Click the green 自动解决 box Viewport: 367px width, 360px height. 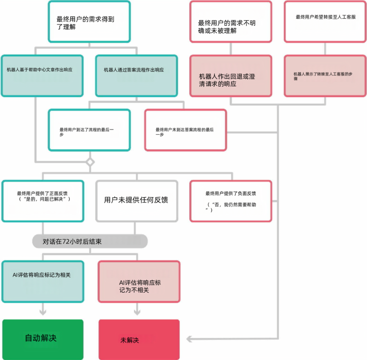pyautogui.click(x=42, y=339)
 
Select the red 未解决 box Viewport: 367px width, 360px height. pyautogui.click(x=139, y=339)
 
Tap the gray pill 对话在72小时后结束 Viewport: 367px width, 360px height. pyautogui.click(x=90, y=241)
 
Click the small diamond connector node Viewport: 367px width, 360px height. pyautogui.click(x=90, y=162)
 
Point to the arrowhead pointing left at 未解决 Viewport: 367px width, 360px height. pyautogui.click(x=189, y=339)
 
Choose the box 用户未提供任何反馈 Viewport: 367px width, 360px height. pyautogui.click(x=137, y=201)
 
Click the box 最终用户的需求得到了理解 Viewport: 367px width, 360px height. pyautogui.click(x=89, y=22)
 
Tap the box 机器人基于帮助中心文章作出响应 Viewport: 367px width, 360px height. pyautogui.click(x=42, y=76)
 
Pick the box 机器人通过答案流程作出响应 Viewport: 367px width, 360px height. pyautogui.click(x=137, y=76)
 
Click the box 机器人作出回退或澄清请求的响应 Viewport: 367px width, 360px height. pyautogui.click(x=231, y=76)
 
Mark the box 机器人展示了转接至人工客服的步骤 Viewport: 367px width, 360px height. pyautogui.click(x=325, y=76)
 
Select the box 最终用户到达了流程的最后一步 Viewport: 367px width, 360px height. pyautogui.click(x=89, y=130)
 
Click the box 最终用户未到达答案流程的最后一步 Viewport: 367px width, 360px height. pyautogui.click(x=186, y=130)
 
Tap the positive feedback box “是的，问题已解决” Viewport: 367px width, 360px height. pyautogui.click(x=42, y=201)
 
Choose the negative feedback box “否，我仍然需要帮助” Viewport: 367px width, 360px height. pyautogui.click(x=231, y=201)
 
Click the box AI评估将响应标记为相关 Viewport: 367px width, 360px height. pyautogui.click(x=42, y=281)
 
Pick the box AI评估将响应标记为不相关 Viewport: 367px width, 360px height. pyautogui.click(x=139, y=281)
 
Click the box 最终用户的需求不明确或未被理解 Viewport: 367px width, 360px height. pyautogui.click(x=231, y=22)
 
